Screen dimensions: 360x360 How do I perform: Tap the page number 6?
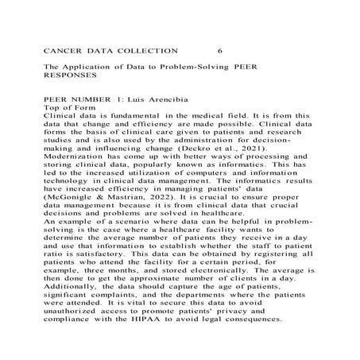pyautogui.click(x=220, y=50)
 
